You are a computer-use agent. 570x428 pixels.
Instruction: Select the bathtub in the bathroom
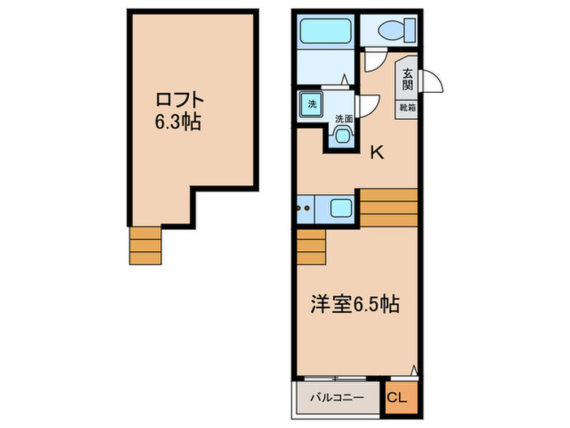pos(325,33)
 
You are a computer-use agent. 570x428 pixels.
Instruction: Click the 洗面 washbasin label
pos(344,119)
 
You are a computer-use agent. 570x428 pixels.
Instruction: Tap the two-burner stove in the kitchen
pos(305,208)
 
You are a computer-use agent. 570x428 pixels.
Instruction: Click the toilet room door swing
pos(373,61)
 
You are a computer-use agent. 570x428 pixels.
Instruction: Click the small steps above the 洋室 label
pos(311,248)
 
